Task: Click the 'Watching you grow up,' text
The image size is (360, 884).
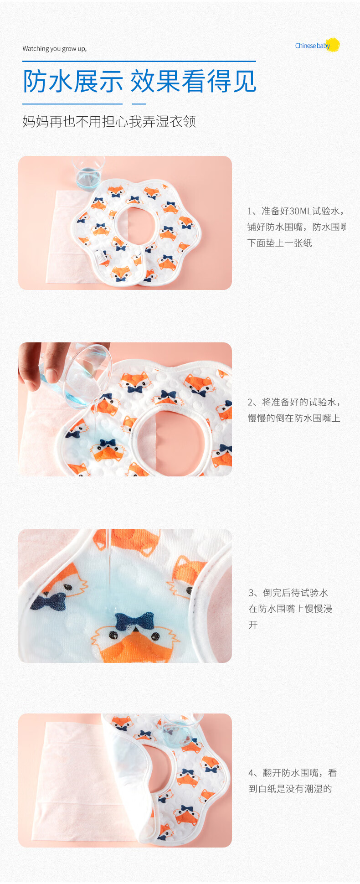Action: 54,49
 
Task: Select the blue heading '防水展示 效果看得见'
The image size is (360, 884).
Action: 139,82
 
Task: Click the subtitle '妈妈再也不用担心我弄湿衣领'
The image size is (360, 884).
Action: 109,121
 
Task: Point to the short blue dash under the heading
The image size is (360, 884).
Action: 139,104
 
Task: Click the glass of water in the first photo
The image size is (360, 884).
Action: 88,173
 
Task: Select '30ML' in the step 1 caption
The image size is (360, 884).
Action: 300,211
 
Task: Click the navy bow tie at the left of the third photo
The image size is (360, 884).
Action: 48,601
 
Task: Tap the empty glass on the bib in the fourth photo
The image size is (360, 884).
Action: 182,729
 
